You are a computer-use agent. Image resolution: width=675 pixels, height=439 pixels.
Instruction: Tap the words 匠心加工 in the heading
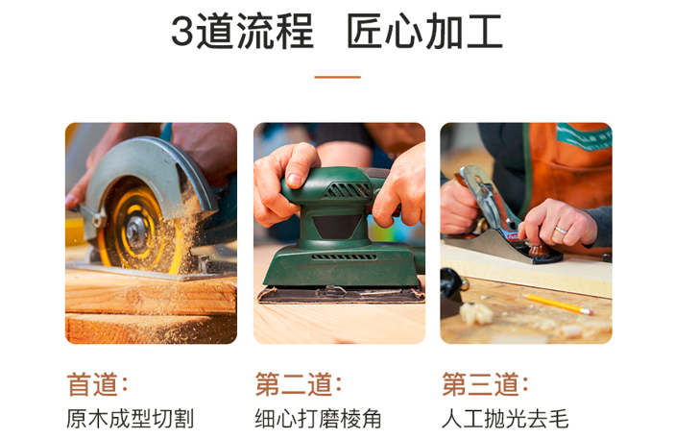tap(424, 31)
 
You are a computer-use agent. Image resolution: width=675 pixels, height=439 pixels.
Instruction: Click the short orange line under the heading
tap(338, 77)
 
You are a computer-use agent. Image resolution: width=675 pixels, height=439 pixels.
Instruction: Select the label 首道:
tap(97, 384)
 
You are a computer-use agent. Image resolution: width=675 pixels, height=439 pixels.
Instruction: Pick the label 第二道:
tap(299, 384)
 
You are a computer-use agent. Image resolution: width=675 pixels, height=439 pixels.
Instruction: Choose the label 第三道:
tap(485, 384)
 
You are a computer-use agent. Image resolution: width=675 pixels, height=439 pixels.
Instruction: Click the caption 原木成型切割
tap(130, 419)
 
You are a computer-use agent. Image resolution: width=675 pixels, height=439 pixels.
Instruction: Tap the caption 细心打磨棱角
tap(318, 419)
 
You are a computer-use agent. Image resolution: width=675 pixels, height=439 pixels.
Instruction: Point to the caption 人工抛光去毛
tap(505, 419)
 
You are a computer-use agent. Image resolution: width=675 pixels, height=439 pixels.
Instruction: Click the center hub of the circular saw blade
tap(136, 232)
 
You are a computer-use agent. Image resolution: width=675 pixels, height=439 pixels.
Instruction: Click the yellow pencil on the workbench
tap(558, 305)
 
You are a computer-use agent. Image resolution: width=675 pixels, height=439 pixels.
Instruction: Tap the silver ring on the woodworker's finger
tap(561, 231)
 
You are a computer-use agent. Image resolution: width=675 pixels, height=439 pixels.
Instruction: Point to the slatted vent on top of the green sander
tap(347, 190)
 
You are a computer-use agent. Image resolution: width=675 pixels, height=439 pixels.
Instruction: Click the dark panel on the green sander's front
tap(336, 226)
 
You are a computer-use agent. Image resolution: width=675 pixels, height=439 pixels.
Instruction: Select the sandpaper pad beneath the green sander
tap(341, 295)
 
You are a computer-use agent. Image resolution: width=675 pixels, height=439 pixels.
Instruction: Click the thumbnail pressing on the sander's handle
tap(295, 180)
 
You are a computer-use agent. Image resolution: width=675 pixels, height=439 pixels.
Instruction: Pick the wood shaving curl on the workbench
tap(475, 313)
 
